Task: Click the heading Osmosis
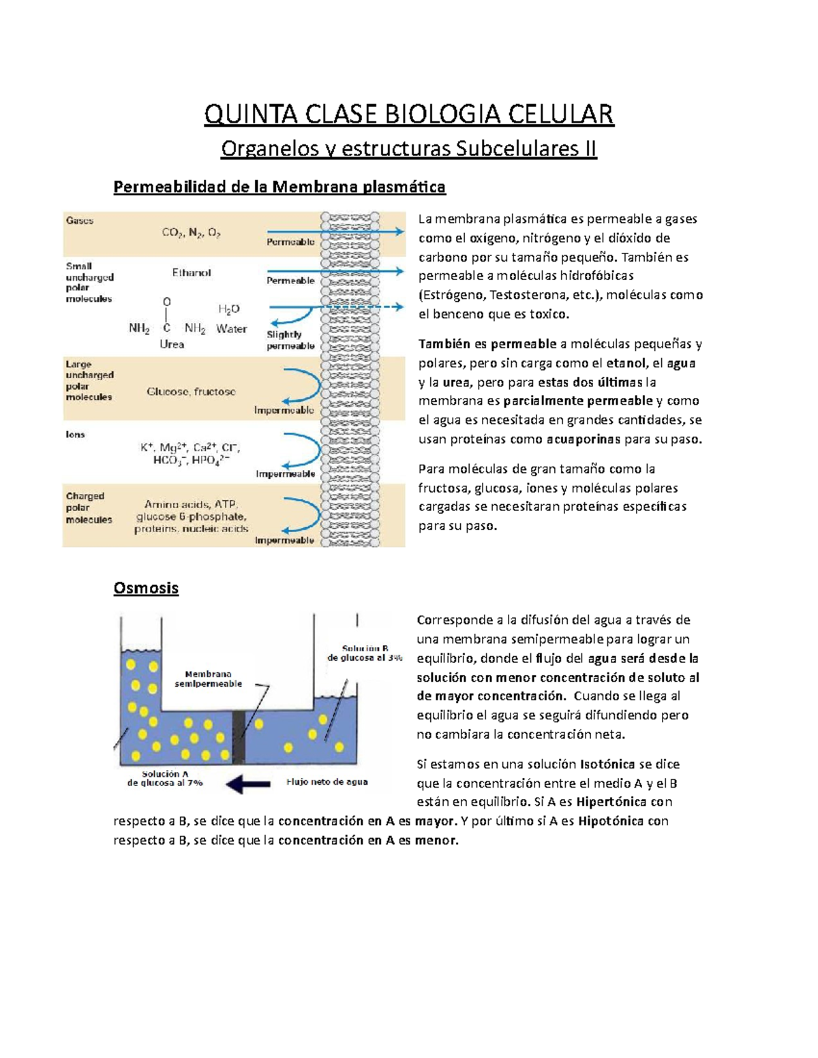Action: pyautogui.click(x=146, y=588)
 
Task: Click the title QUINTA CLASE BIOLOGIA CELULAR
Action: pyautogui.click(x=409, y=114)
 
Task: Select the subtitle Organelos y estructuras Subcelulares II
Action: pyautogui.click(x=409, y=149)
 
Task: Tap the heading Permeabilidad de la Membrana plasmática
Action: pyautogui.click(x=279, y=187)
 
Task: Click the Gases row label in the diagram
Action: pyautogui.click(x=80, y=221)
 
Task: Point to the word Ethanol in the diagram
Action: pyautogui.click(x=192, y=273)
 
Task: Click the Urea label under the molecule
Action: pyautogui.click(x=172, y=345)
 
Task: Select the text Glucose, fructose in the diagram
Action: pyautogui.click(x=192, y=392)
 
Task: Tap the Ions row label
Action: pyautogui.click(x=76, y=435)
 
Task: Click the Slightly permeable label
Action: pyautogui.click(x=290, y=340)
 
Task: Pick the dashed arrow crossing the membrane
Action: pyautogui.click(x=382, y=307)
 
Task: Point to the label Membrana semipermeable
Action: pyautogui.click(x=208, y=679)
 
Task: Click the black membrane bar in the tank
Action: pyautogui.click(x=238, y=737)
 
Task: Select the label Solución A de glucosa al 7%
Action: pyautogui.click(x=165, y=778)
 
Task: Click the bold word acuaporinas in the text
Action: pyautogui.click(x=584, y=439)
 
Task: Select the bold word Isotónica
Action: pyautogui.click(x=609, y=764)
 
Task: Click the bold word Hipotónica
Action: pyautogui.click(x=611, y=821)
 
